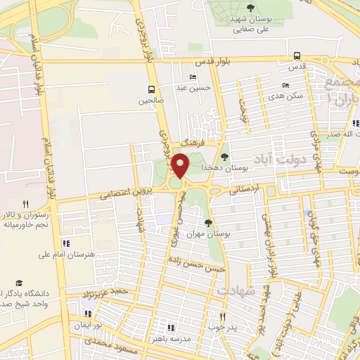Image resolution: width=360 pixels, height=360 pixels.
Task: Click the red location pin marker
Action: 181,165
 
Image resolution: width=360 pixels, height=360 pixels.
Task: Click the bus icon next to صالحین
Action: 151,89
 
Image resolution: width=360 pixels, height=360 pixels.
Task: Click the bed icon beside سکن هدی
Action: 285,85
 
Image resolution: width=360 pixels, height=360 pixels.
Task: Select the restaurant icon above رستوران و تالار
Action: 26,203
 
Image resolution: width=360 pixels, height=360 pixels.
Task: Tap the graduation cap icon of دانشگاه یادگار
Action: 19,282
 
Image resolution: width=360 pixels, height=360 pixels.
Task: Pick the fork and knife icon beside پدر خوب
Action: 223,317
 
